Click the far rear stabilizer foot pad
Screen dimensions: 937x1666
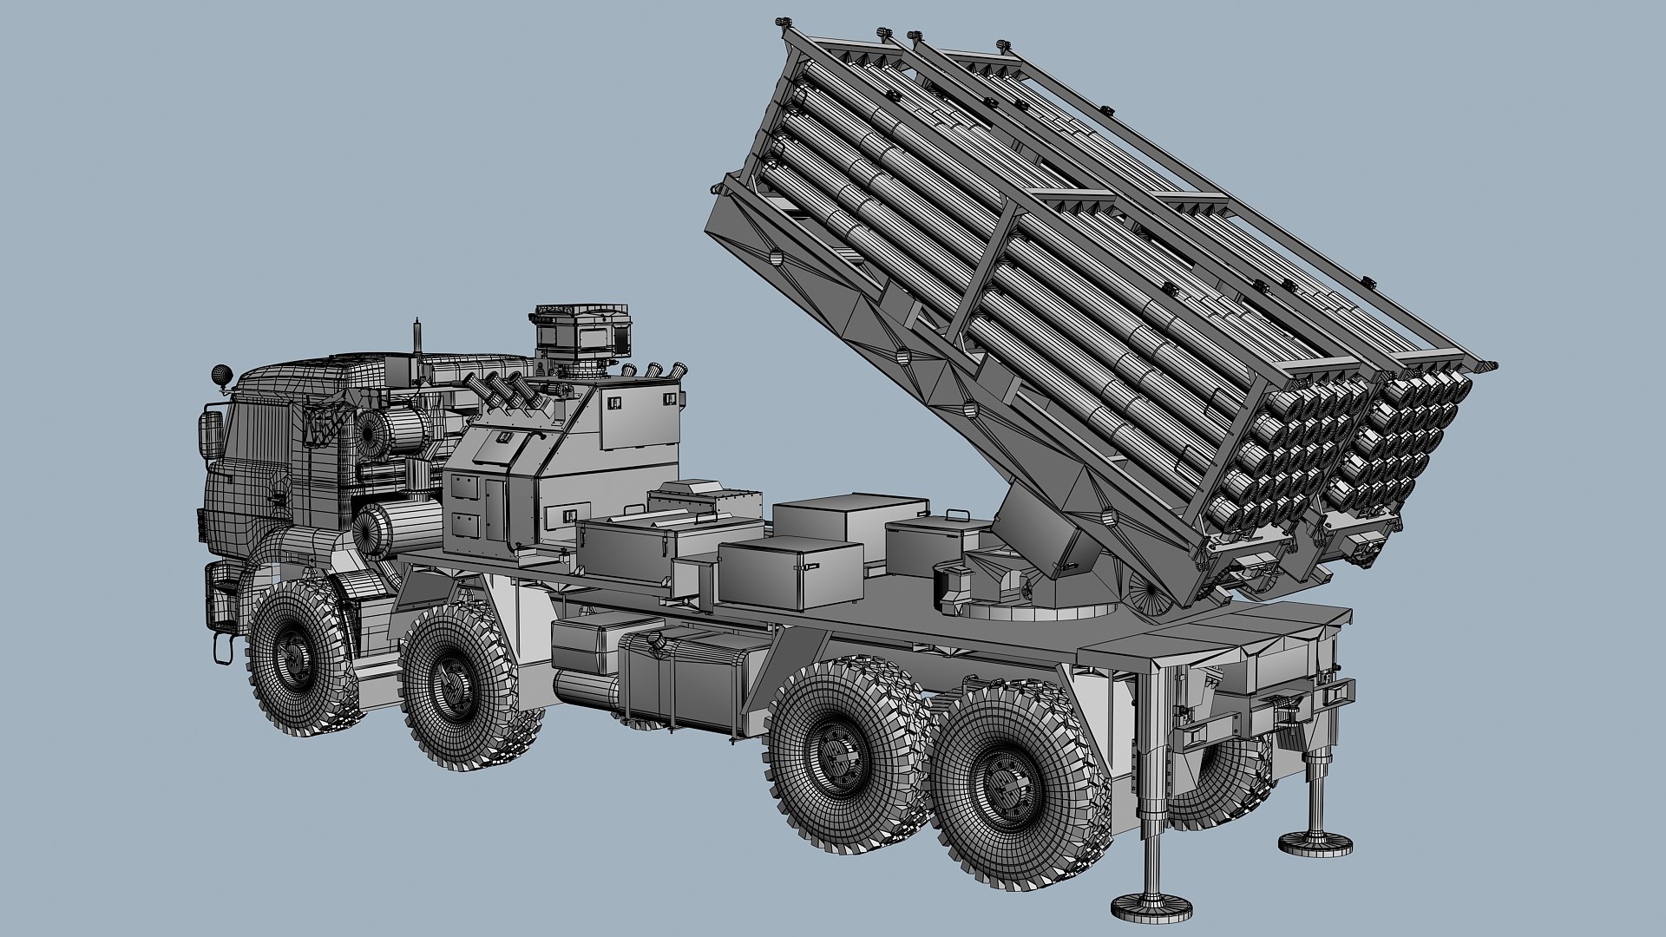point(1315,842)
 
